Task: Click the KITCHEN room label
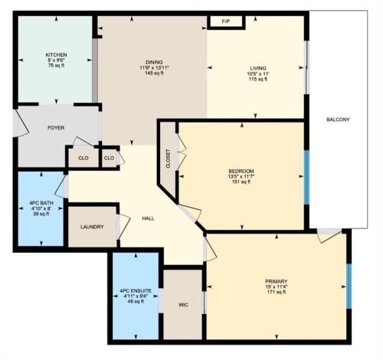coord(56,55)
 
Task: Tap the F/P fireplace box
coord(226,21)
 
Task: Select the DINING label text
coord(155,62)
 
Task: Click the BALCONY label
coord(338,119)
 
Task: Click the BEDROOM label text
coord(241,170)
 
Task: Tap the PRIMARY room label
coord(277,281)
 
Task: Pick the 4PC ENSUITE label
coord(135,291)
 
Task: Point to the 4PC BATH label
coord(41,201)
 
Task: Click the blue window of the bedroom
coord(306,177)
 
